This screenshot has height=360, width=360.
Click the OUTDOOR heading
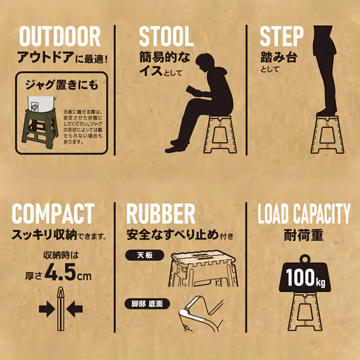[60, 36]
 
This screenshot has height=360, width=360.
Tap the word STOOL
[166, 36]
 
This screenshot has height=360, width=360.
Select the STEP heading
[281, 36]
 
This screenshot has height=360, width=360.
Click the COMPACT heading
[53, 214]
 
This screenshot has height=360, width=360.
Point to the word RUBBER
[161, 214]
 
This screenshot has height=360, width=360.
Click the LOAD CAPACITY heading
[304, 214]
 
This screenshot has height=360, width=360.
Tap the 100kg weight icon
[304, 274]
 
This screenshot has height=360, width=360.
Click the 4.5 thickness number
[61, 272]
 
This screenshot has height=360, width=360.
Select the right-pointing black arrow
[46, 309]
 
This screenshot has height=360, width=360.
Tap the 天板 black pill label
[145, 255]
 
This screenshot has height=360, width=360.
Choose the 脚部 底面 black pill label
[147, 304]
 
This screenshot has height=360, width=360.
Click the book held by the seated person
[193, 91]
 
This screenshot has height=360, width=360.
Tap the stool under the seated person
[220, 134]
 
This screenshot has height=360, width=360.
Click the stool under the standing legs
[327, 134]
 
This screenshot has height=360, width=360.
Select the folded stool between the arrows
[61, 308]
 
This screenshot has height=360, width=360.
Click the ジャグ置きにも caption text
[62, 85]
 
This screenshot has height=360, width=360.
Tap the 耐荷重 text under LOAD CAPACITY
[304, 235]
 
